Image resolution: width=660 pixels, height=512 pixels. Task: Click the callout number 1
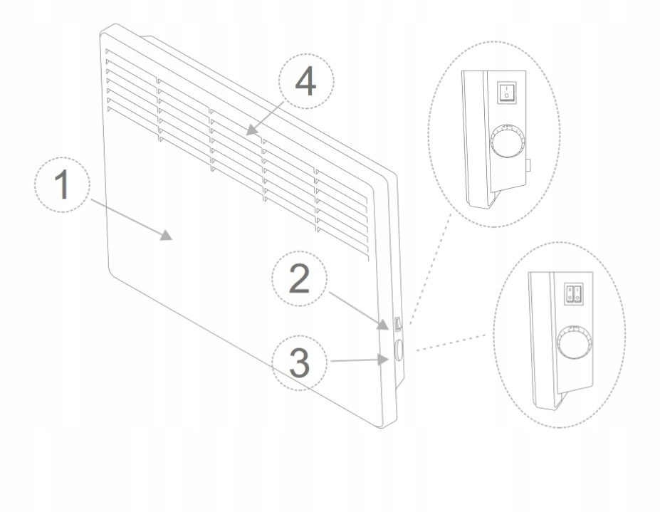[x=63, y=184]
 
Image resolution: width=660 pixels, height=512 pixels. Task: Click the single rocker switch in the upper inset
[x=506, y=91]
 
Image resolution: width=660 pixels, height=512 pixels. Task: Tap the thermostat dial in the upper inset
[x=508, y=142]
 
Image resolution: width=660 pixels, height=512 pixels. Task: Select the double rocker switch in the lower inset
[x=575, y=293]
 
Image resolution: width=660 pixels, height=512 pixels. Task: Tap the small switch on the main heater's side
[x=397, y=325]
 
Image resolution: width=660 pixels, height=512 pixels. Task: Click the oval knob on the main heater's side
[x=397, y=350]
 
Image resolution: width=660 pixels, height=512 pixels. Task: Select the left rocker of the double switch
[x=570, y=293]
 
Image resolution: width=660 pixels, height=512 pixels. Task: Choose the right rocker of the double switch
[x=579, y=293]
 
